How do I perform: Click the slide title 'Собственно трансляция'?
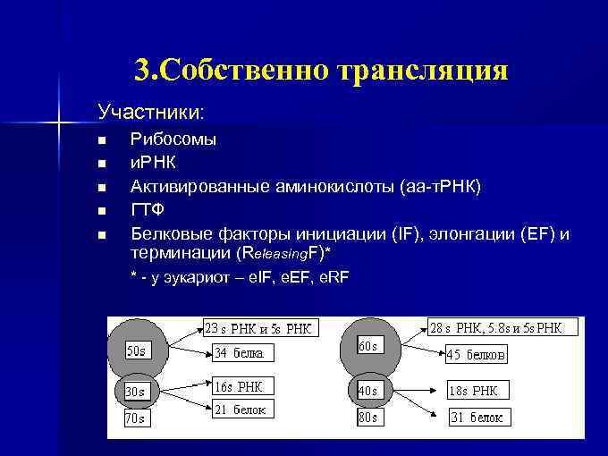point(322,70)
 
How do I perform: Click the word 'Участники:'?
point(150,114)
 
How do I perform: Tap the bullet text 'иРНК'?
point(153,163)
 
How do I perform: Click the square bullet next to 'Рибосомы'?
point(102,140)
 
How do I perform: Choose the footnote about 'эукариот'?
point(240,277)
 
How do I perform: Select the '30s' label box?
point(135,392)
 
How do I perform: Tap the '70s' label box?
point(136,418)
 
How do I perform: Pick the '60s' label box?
point(367,345)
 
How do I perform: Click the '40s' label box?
point(368,391)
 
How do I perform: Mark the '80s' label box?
point(367,417)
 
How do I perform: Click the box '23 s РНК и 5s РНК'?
point(259,328)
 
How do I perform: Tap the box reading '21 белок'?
point(239,410)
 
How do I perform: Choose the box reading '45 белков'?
point(476,355)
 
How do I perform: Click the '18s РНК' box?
point(477,391)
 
